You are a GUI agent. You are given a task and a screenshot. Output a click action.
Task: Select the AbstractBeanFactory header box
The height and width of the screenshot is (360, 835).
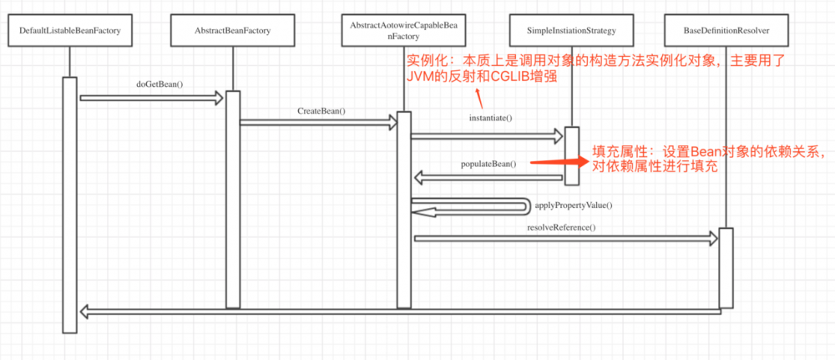point(232,31)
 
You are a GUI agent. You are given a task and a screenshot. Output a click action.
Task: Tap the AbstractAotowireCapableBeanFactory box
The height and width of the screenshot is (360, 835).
point(403,31)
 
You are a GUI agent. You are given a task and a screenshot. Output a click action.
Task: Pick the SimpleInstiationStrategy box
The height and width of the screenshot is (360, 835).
point(571,31)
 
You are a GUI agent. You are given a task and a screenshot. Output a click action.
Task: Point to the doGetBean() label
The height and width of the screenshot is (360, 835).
point(159,84)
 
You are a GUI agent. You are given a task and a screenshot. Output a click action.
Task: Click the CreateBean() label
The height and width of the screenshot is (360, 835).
point(321,110)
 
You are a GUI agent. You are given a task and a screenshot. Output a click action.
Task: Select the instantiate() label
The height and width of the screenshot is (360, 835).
point(490,118)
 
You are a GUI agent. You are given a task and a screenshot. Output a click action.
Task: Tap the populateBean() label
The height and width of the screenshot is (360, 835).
point(488,164)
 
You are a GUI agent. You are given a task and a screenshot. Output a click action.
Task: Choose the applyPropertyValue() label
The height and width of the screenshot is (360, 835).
point(573,205)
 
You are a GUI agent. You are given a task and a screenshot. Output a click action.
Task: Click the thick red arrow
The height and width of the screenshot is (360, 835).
point(560,160)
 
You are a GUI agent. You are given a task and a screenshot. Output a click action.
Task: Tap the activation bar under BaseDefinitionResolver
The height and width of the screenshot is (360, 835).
point(726,266)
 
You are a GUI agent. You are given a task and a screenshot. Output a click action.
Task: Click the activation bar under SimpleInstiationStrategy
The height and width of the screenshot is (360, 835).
point(571,155)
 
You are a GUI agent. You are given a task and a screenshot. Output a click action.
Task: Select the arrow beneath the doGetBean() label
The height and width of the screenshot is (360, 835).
point(151,99)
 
